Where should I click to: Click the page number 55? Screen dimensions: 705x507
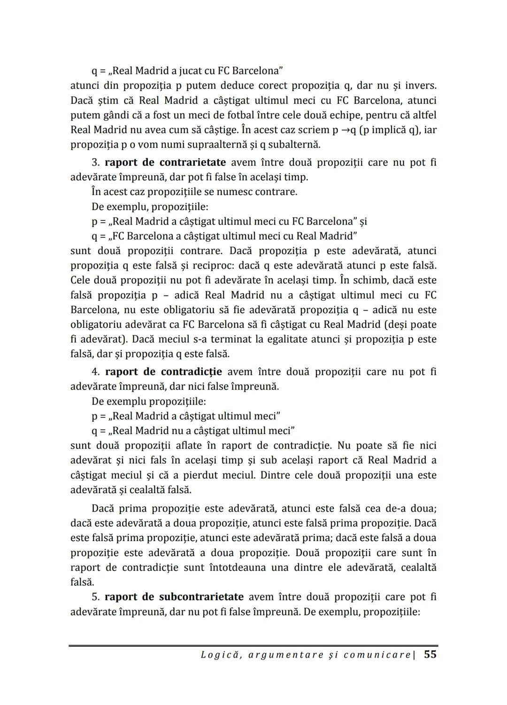tap(430, 654)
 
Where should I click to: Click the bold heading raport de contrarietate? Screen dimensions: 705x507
tap(165, 163)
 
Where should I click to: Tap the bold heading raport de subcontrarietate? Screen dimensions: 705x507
tap(174, 597)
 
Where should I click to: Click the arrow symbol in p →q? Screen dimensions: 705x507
tap(346, 130)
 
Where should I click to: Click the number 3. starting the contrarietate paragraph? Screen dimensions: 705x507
tap(96, 163)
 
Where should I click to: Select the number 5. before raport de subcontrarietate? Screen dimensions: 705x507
tap(96, 597)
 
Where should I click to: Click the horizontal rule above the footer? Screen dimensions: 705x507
tap(253, 646)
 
